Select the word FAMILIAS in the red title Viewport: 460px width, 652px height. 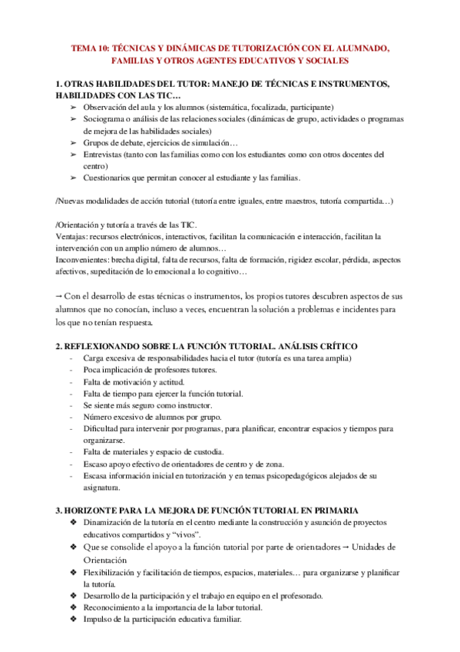point(135,59)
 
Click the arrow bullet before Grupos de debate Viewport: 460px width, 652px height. point(73,142)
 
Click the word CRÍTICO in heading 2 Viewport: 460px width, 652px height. point(335,346)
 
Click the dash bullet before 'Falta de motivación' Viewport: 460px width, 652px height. point(71,381)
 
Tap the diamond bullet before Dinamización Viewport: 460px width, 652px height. point(73,523)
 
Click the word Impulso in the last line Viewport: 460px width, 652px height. point(98,620)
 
